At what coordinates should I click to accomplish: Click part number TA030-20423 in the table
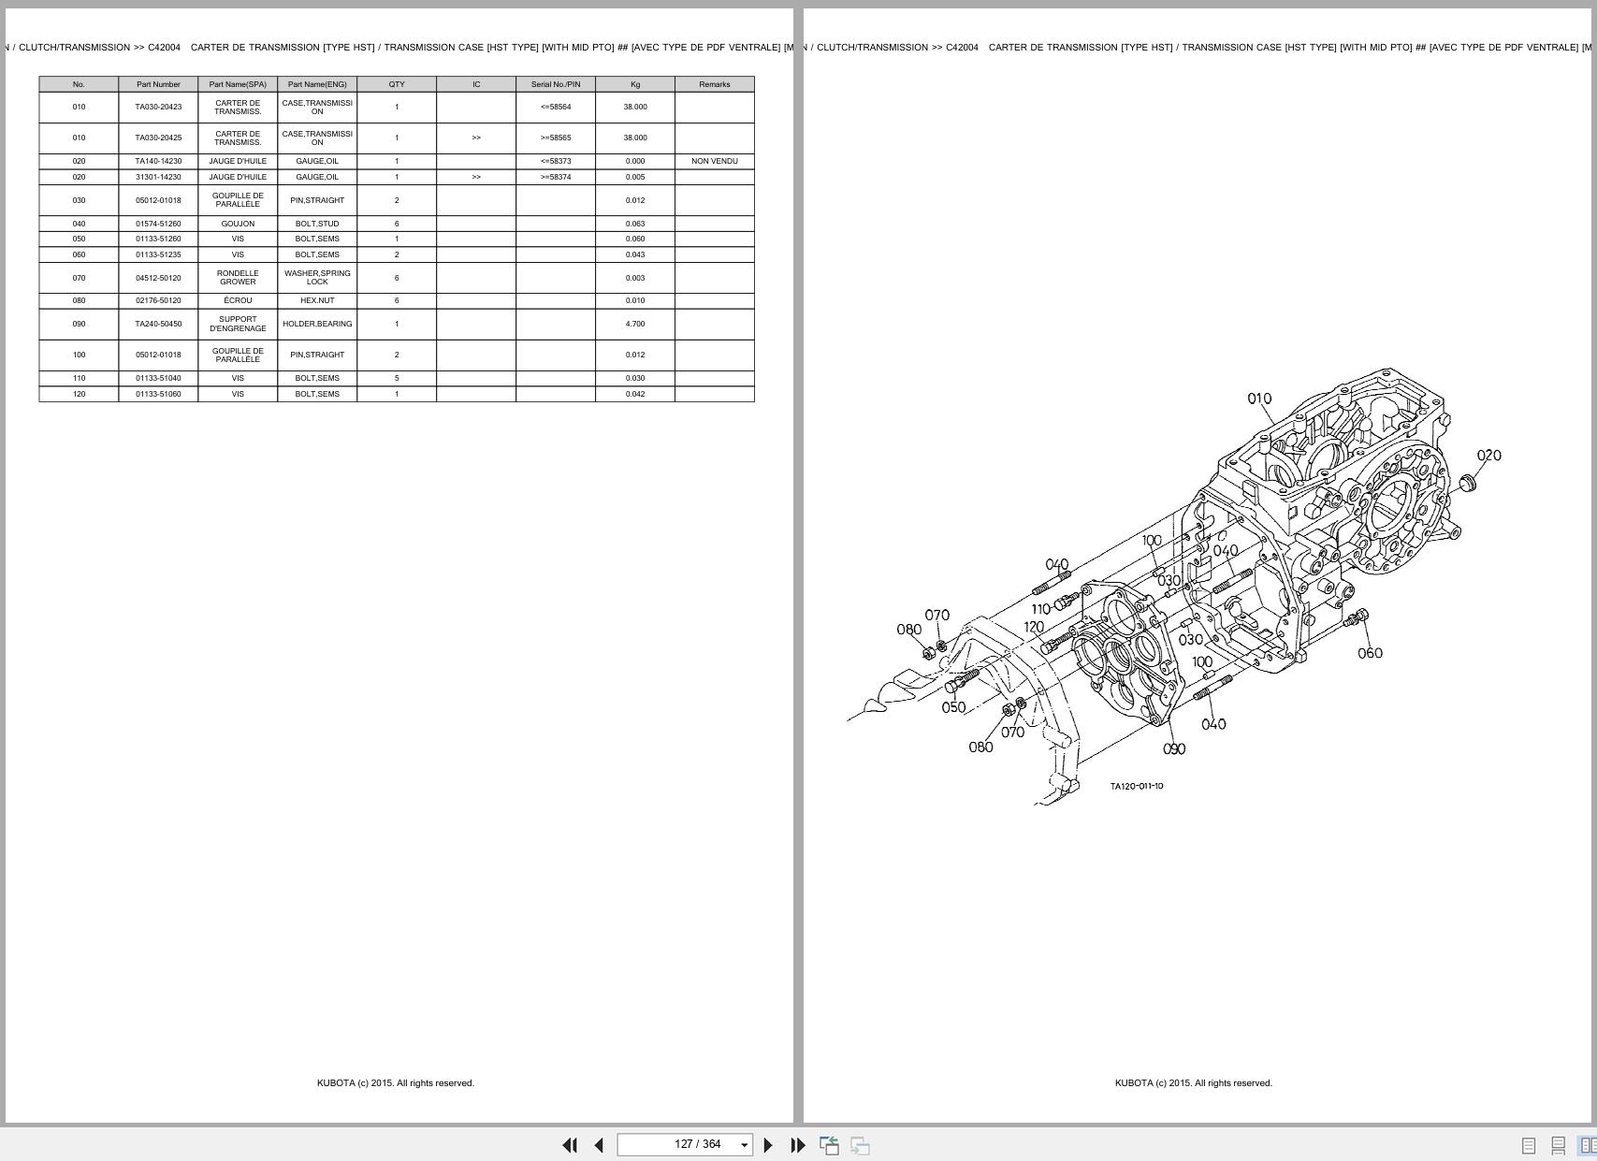click(x=158, y=107)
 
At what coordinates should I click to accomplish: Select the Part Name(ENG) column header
click(x=317, y=84)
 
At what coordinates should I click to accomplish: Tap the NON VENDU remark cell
click(x=714, y=161)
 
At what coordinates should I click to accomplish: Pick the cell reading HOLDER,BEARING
click(x=317, y=324)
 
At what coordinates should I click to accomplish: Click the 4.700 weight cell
click(x=635, y=324)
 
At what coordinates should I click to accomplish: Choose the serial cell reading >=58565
click(x=555, y=138)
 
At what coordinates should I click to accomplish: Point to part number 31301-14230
click(x=158, y=177)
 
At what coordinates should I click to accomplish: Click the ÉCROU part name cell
click(x=238, y=300)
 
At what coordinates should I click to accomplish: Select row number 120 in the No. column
click(x=79, y=394)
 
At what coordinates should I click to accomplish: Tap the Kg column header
click(x=635, y=84)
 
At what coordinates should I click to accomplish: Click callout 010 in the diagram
click(x=1259, y=399)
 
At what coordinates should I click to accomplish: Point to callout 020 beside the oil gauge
click(x=1488, y=456)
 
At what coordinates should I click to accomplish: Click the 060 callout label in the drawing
click(x=1370, y=653)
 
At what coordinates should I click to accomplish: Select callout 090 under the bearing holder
click(x=1174, y=748)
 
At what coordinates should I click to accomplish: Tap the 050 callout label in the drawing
click(x=953, y=707)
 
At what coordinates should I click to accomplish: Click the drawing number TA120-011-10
click(x=1137, y=786)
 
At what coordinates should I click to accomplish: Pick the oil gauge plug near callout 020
click(x=1467, y=483)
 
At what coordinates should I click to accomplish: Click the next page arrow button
click(x=768, y=1145)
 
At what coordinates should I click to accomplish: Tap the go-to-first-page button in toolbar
click(x=569, y=1145)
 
